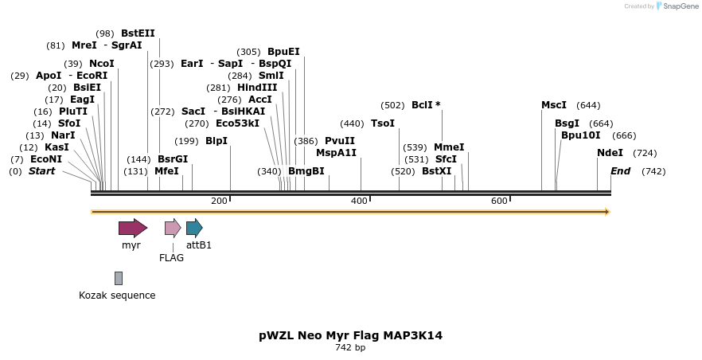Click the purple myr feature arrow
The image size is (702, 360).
[x=132, y=228]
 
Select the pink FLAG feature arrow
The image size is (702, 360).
[x=173, y=228]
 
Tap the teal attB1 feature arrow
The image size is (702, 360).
[x=194, y=228]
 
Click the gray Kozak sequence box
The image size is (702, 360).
[x=119, y=278]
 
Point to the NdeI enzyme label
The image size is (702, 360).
[x=610, y=153]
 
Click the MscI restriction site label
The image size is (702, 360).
[x=554, y=105]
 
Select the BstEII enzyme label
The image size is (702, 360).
[x=138, y=33]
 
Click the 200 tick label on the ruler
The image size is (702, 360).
[x=219, y=201]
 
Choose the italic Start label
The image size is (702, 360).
[x=41, y=171]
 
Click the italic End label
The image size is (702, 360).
[x=620, y=171]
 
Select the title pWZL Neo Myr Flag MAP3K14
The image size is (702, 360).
[x=350, y=335]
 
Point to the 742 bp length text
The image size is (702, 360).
[x=350, y=348]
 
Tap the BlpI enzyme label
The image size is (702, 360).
[x=216, y=141]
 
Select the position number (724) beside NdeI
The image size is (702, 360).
[x=645, y=153]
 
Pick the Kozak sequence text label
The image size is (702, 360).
[x=117, y=295]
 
